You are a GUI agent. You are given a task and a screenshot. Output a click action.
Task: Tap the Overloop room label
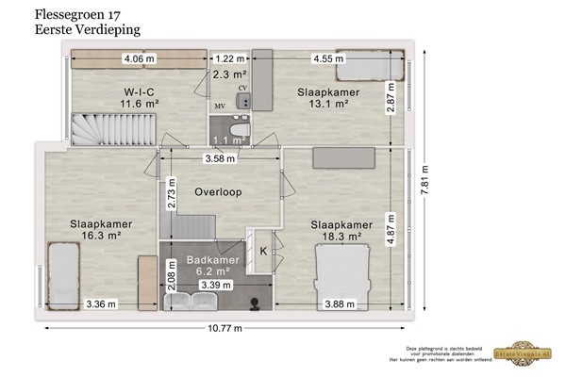pos(218,191)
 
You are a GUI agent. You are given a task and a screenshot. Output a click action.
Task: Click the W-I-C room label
pos(139,91)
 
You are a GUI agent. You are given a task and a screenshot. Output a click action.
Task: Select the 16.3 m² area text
pos(100,238)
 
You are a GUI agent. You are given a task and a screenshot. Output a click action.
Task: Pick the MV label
pos(220,107)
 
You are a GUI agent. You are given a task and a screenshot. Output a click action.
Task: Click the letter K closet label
pos(263,251)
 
